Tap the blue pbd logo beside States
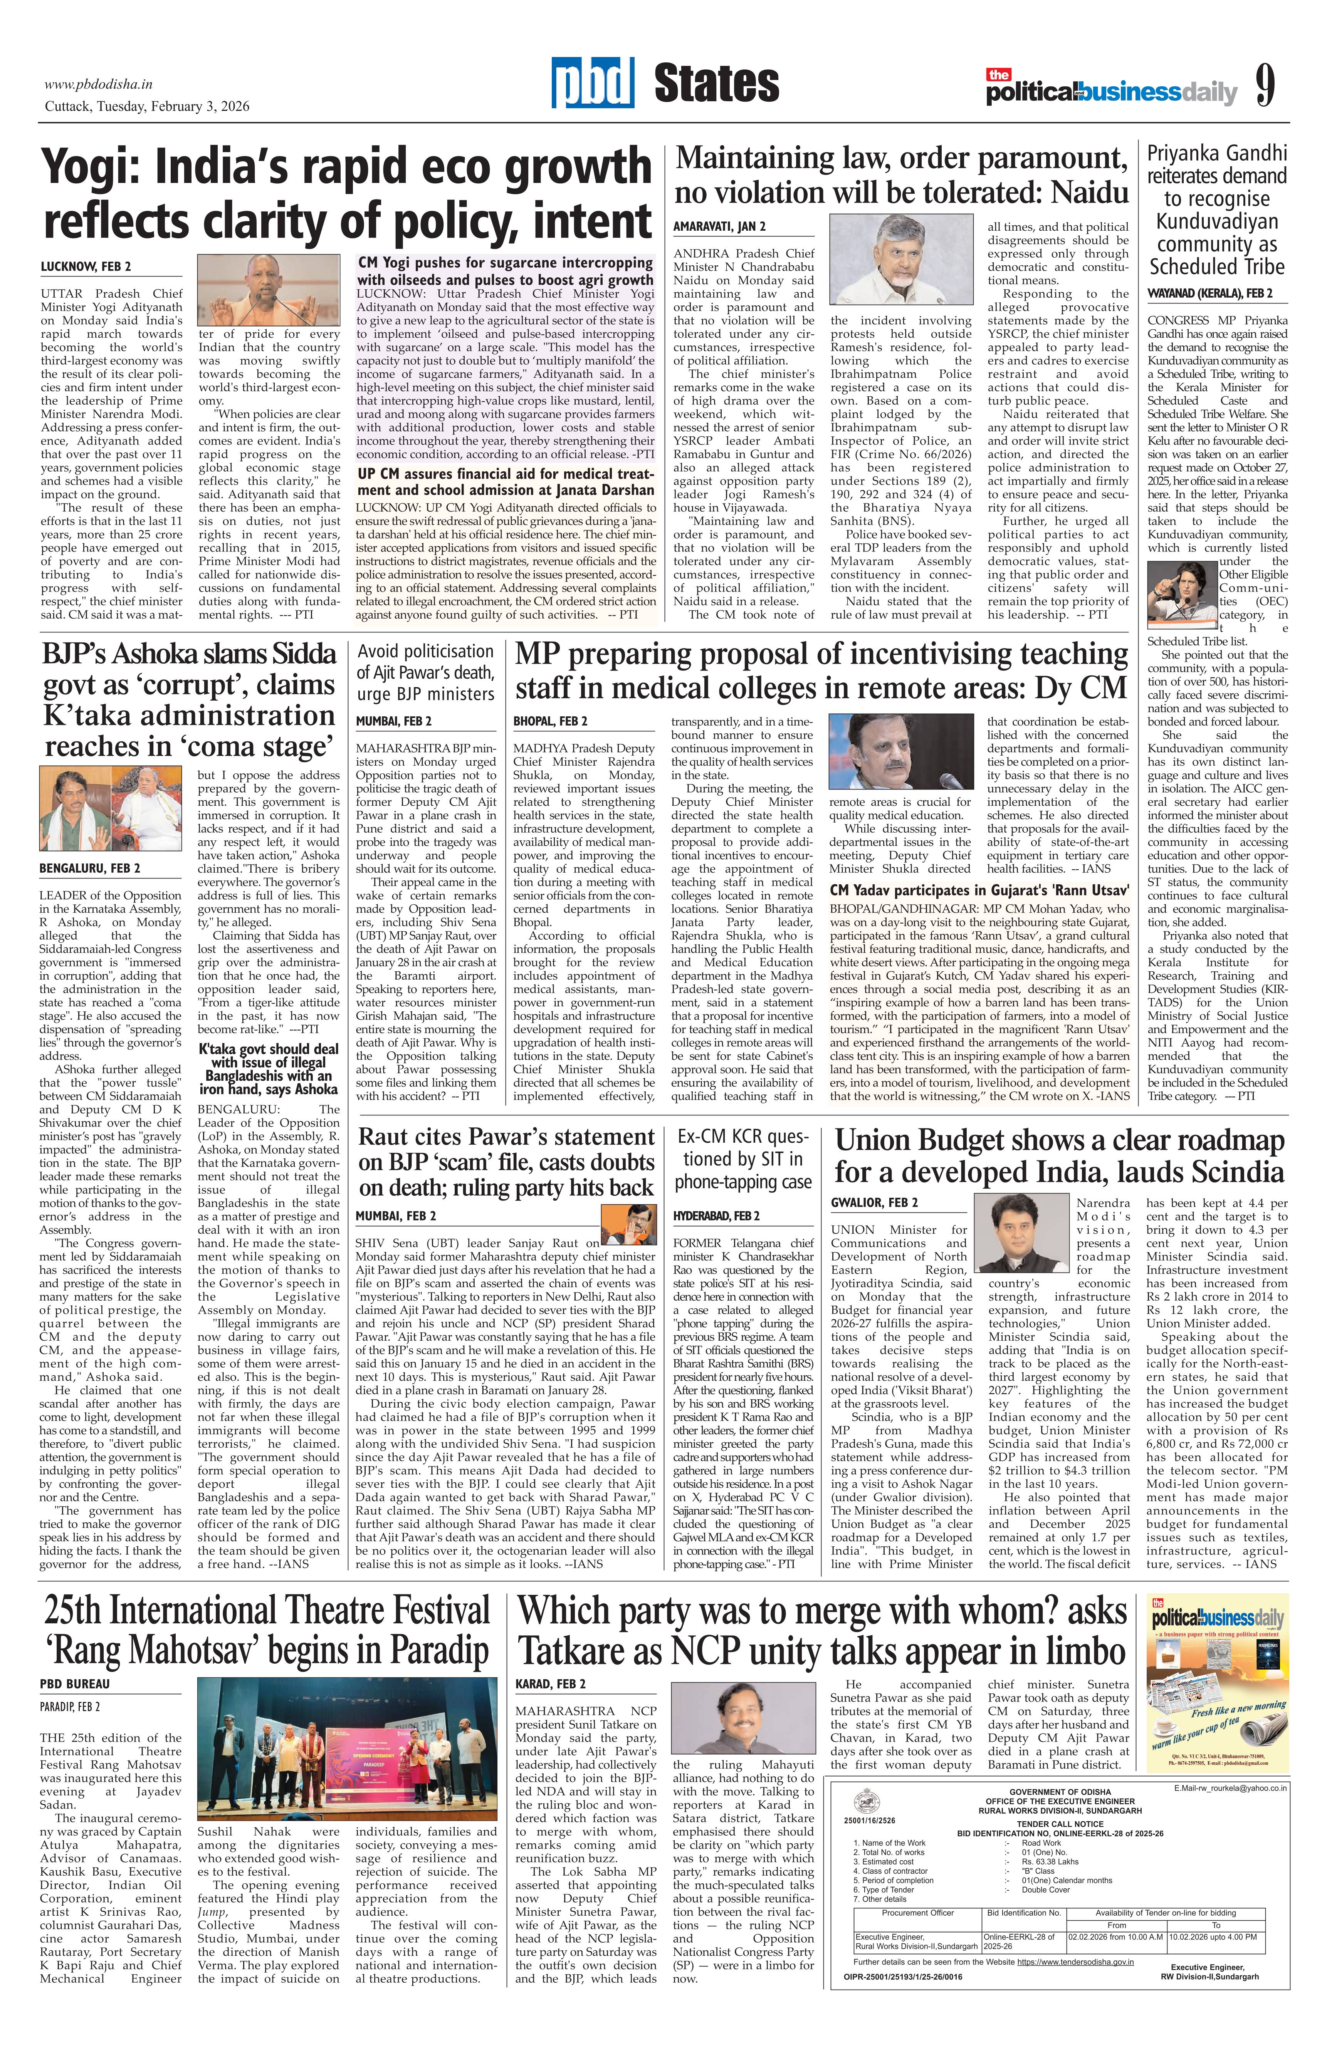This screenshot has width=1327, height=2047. (x=593, y=84)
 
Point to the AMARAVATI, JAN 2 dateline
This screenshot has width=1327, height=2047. (x=719, y=226)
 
